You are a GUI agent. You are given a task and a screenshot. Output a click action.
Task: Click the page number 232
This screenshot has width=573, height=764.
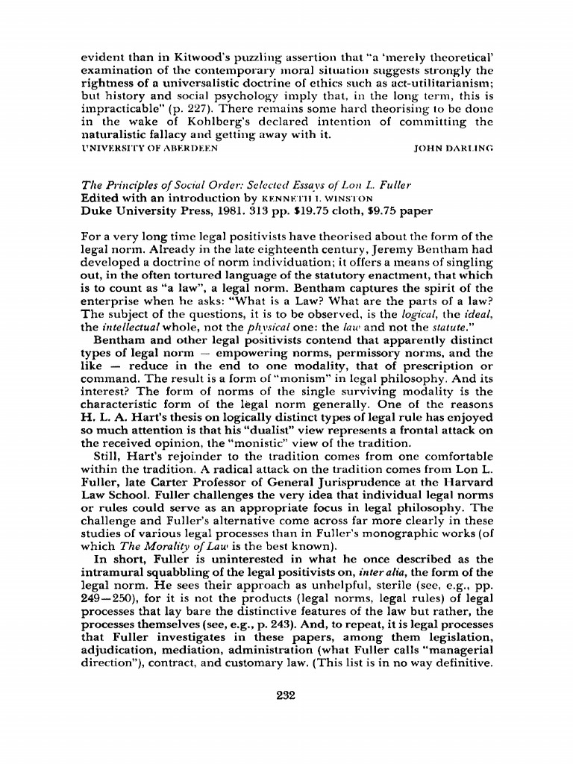[x=286, y=696]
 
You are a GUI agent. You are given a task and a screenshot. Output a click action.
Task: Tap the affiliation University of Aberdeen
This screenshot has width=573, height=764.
[x=148, y=148]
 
